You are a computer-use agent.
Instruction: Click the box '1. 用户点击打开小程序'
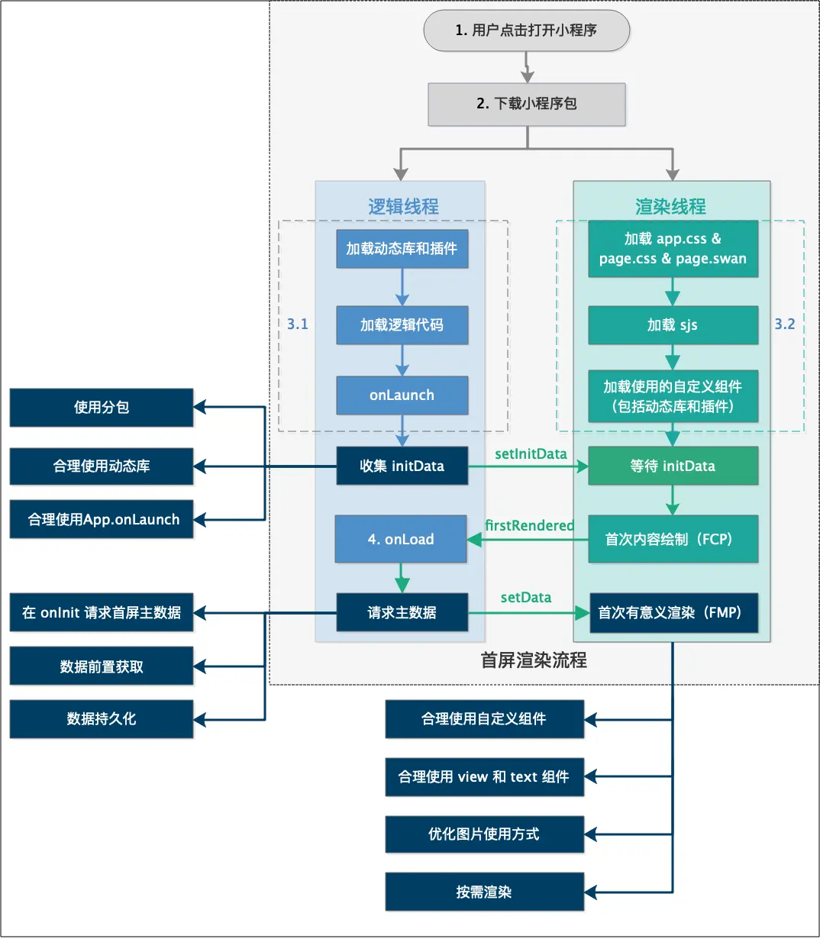click(527, 31)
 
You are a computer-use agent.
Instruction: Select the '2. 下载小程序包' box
click(527, 104)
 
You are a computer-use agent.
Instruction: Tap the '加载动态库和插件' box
click(402, 249)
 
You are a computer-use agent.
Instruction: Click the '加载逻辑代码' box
click(402, 325)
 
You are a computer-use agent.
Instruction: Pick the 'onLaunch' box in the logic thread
click(402, 395)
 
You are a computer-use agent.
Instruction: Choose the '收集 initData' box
click(402, 466)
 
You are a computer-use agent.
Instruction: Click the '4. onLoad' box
click(401, 539)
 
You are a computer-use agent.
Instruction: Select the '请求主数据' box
click(402, 612)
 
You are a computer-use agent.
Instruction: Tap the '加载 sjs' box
click(673, 325)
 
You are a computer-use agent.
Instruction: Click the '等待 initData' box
click(673, 466)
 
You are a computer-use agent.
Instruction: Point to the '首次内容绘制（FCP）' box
click(673, 539)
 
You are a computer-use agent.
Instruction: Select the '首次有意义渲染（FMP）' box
click(673, 612)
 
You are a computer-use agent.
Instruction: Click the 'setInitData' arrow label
click(531, 453)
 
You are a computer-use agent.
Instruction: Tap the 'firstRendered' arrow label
click(529, 525)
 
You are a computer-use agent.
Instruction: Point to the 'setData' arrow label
click(526, 597)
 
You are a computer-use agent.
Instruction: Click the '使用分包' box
click(102, 408)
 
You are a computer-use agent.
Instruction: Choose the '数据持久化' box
click(102, 719)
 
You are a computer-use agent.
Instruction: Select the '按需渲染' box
click(484, 892)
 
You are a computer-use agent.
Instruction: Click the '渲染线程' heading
click(670, 206)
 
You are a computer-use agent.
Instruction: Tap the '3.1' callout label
click(298, 324)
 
